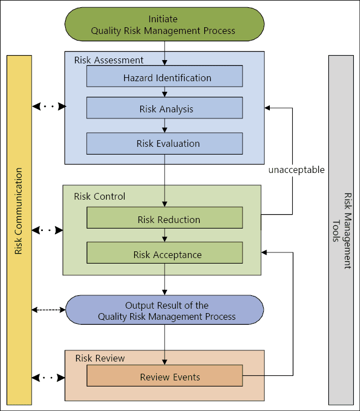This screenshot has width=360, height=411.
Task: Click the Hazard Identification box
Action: pyautogui.click(x=165, y=77)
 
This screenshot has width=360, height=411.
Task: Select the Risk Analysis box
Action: pyautogui.click(x=165, y=108)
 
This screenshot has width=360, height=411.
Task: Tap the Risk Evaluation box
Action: pyautogui.click(x=165, y=143)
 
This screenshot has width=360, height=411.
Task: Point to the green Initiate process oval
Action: pyautogui.click(x=164, y=24)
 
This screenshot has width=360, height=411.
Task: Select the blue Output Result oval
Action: pyautogui.click(x=165, y=310)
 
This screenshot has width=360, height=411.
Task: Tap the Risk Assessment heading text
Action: pyautogui.click(x=109, y=60)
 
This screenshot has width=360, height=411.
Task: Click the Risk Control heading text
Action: pyautogui.click(x=100, y=196)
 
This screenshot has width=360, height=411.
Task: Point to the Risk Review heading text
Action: pyautogui.click(x=100, y=358)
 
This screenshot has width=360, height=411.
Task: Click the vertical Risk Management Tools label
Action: pyautogui.click(x=341, y=231)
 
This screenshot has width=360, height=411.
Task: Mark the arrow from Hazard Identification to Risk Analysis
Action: pyautogui.click(x=165, y=92)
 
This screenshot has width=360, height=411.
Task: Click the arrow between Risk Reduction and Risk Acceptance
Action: pyautogui.click(x=165, y=235)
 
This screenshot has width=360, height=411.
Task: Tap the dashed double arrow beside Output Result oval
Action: pyautogui.click(x=49, y=309)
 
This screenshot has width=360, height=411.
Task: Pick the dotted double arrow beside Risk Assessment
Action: pyautogui.click(x=49, y=106)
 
